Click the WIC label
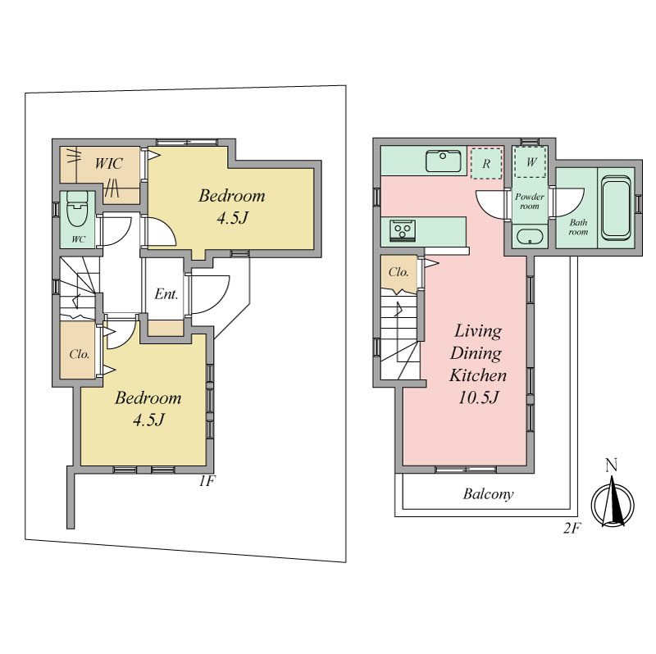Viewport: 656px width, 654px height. pyautogui.click(x=109, y=163)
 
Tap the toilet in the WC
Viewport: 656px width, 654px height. pyautogui.click(x=77, y=208)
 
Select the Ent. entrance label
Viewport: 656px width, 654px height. pyautogui.click(x=166, y=294)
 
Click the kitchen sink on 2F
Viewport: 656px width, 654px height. pyautogui.click(x=444, y=161)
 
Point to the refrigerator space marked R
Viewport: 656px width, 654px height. pyautogui.click(x=486, y=164)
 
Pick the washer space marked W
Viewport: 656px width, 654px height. pyautogui.click(x=531, y=161)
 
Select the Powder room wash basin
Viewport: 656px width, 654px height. pyautogui.click(x=530, y=237)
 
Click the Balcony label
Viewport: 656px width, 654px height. pyautogui.click(x=488, y=494)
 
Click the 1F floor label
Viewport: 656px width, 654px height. pyautogui.click(x=207, y=481)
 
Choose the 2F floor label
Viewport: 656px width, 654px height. pyautogui.click(x=572, y=529)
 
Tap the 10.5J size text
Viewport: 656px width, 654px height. pyautogui.click(x=479, y=397)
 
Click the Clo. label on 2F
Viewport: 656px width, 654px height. pyautogui.click(x=399, y=272)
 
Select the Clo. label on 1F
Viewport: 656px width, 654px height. pyautogui.click(x=80, y=354)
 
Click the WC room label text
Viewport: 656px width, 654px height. pyautogui.click(x=78, y=239)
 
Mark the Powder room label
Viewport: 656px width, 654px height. pyautogui.click(x=529, y=201)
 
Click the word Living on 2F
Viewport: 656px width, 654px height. pyautogui.click(x=478, y=332)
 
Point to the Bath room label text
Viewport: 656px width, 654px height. pyautogui.click(x=578, y=227)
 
